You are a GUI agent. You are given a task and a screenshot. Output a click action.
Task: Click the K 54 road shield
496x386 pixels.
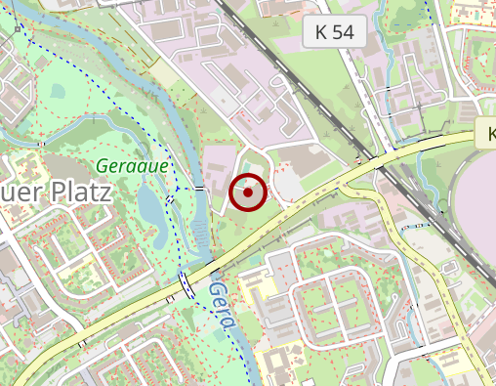point(333,31)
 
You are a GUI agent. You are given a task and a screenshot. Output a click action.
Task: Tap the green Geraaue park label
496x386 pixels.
point(132,166)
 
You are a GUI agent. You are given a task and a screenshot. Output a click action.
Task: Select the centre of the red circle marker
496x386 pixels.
point(248,193)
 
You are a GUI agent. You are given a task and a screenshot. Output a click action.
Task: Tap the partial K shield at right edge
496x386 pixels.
point(487,134)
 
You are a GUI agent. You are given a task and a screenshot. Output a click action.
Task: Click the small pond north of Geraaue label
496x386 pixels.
point(59,92)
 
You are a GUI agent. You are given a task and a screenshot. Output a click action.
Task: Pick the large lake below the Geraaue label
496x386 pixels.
point(151,205)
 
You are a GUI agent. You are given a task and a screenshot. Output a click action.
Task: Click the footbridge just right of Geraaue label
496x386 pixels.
point(199,187)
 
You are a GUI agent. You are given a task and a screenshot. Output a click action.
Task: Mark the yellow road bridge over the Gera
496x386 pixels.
point(185,282)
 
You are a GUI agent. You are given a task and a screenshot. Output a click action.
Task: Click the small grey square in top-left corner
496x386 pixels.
point(18,29)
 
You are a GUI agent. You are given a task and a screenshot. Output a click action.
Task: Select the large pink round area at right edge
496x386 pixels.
point(478,195)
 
